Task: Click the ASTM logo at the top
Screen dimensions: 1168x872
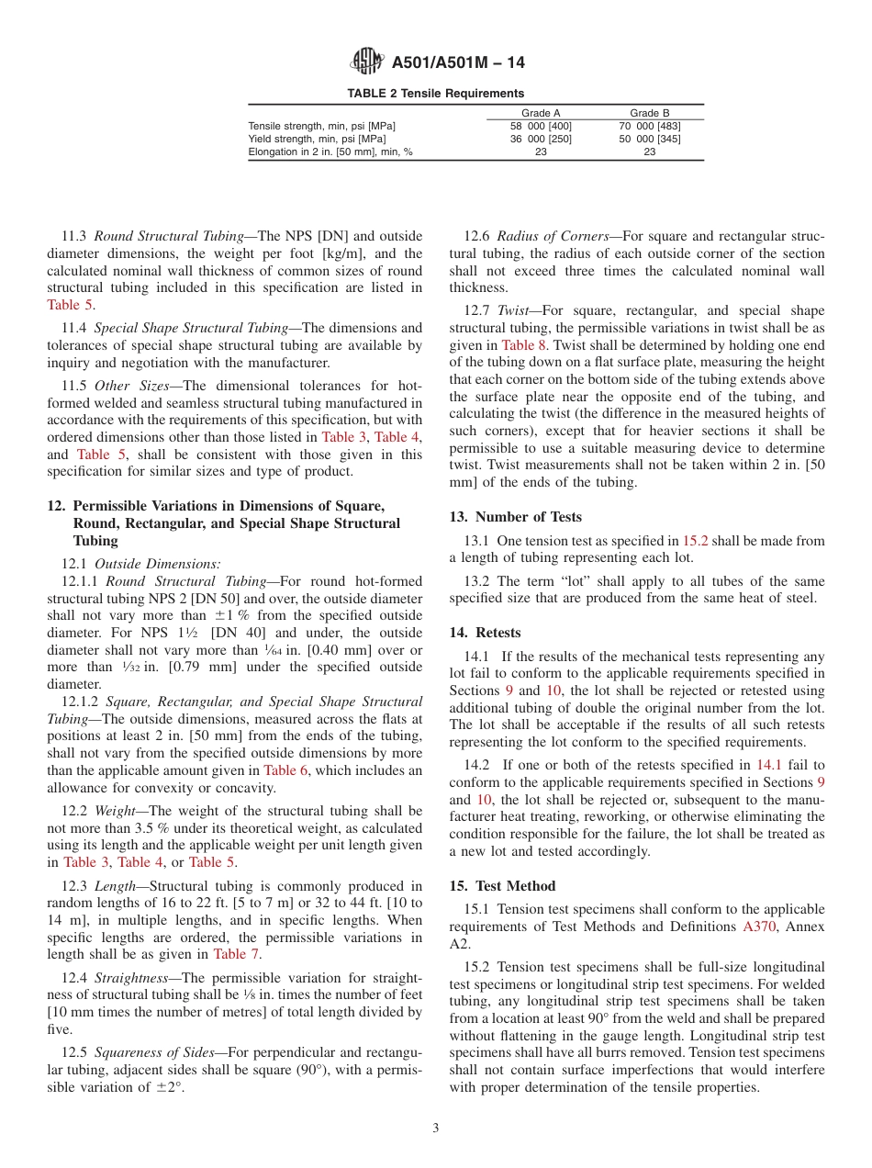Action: click(367, 62)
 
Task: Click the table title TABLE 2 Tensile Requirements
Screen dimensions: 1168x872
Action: click(435, 94)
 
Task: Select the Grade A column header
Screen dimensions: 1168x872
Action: click(541, 113)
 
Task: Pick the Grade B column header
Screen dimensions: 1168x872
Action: click(650, 113)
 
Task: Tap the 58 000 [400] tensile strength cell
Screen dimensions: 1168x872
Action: click(541, 126)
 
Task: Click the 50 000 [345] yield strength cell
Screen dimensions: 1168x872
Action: click(650, 139)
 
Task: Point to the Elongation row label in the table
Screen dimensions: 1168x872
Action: click(330, 152)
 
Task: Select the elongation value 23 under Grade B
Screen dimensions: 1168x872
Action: click(650, 152)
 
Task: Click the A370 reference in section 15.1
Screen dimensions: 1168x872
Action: click(759, 927)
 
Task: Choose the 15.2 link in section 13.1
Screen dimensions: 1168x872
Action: click(695, 542)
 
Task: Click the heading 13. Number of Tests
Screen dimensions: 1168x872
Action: click(515, 517)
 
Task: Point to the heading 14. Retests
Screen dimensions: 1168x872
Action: click(485, 633)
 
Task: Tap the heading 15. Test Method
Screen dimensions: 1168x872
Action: click(502, 886)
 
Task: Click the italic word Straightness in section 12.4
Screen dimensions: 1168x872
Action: click(129, 978)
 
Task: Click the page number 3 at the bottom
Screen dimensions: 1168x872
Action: click(436, 1129)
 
